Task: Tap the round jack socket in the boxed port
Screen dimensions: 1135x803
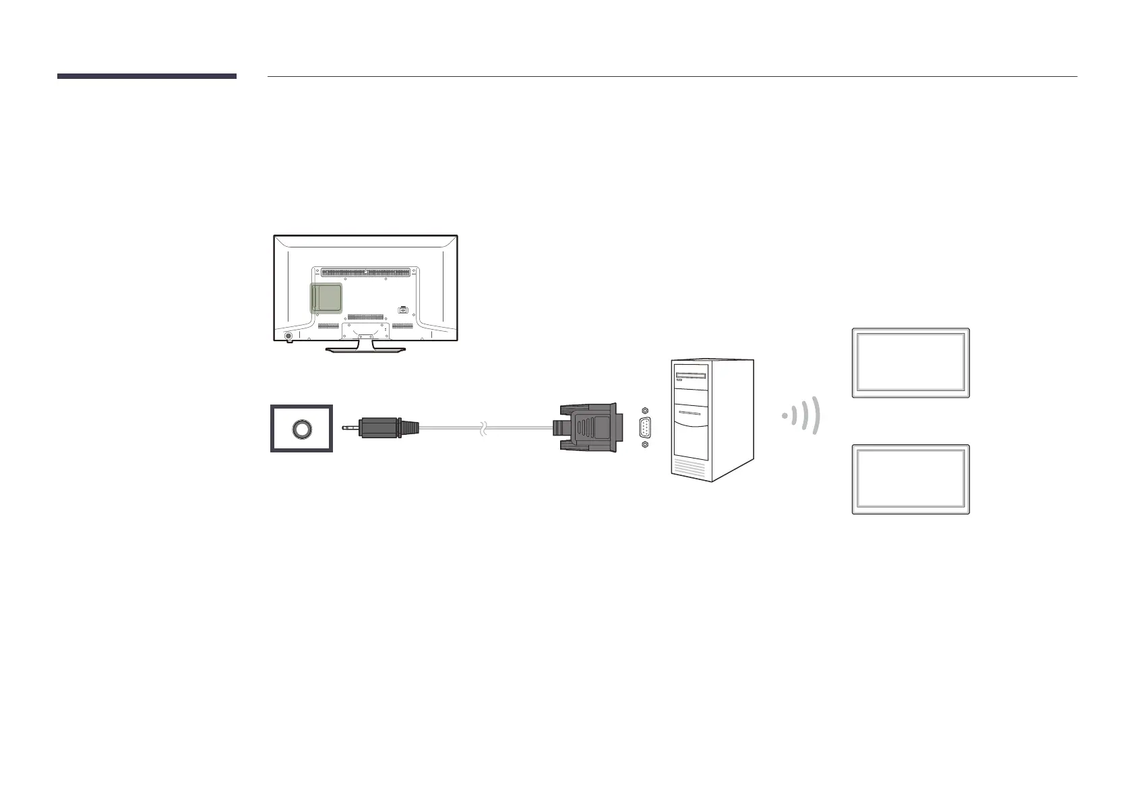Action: coord(301,429)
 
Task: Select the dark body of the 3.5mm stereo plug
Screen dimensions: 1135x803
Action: coord(381,427)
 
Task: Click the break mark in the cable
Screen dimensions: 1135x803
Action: coord(482,427)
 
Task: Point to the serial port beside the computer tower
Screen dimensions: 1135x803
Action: coord(646,428)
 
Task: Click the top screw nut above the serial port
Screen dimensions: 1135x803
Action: coord(646,411)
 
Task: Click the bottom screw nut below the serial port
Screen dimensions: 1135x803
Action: coord(646,445)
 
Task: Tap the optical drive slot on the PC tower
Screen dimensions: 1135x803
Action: coord(691,375)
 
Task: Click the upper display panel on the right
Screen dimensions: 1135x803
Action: coord(911,363)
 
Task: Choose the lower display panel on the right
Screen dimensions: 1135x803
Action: coord(911,479)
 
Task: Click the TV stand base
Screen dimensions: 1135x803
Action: coord(365,349)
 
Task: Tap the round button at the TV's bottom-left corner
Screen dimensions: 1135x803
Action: coord(288,336)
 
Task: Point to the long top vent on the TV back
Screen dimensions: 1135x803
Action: coord(365,272)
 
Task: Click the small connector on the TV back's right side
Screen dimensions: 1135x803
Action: coord(403,310)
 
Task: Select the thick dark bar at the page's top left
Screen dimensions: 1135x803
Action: coord(147,76)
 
